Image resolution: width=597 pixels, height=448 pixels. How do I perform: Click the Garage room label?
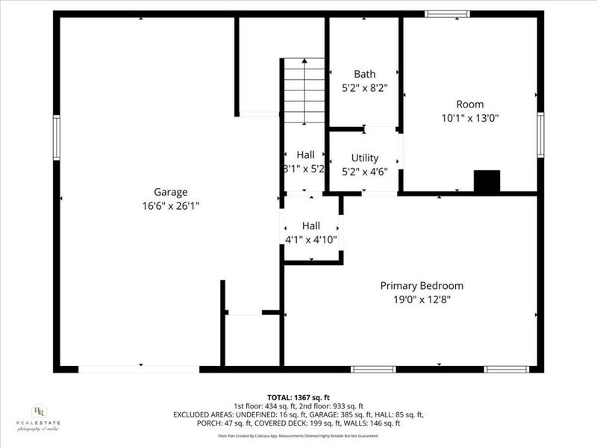(x=171, y=192)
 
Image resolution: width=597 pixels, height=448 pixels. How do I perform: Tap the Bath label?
(x=365, y=74)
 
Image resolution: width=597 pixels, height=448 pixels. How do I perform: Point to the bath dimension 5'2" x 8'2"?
(x=365, y=87)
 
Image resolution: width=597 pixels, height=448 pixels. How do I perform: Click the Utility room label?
(x=365, y=158)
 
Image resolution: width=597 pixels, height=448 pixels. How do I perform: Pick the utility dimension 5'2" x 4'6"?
(x=365, y=171)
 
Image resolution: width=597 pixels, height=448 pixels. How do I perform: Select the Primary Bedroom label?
(x=422, y=285)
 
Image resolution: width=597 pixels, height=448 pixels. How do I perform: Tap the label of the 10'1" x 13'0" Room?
(x=470, y=105)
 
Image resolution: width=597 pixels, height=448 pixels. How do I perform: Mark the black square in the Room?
(x=487, y=181)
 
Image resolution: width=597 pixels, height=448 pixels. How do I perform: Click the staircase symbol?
(x=304, y=90)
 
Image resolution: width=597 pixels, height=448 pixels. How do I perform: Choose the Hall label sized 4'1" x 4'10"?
(x=311, y=225)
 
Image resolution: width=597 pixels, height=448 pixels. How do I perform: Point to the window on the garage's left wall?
(x=56, y=137)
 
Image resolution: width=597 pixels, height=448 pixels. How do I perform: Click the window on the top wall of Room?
(x=447, y=13)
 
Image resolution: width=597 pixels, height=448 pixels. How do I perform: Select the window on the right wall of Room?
(x=540, y=135)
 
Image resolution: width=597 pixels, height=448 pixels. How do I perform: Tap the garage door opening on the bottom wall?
(x=139, y=369)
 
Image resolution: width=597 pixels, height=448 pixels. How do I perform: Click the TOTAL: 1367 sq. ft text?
(x=298, y=397)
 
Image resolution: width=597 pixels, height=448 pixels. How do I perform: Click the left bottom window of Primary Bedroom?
(x=373, y=369)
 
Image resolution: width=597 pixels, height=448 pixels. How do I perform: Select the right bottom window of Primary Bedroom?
(x=506, y=369)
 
